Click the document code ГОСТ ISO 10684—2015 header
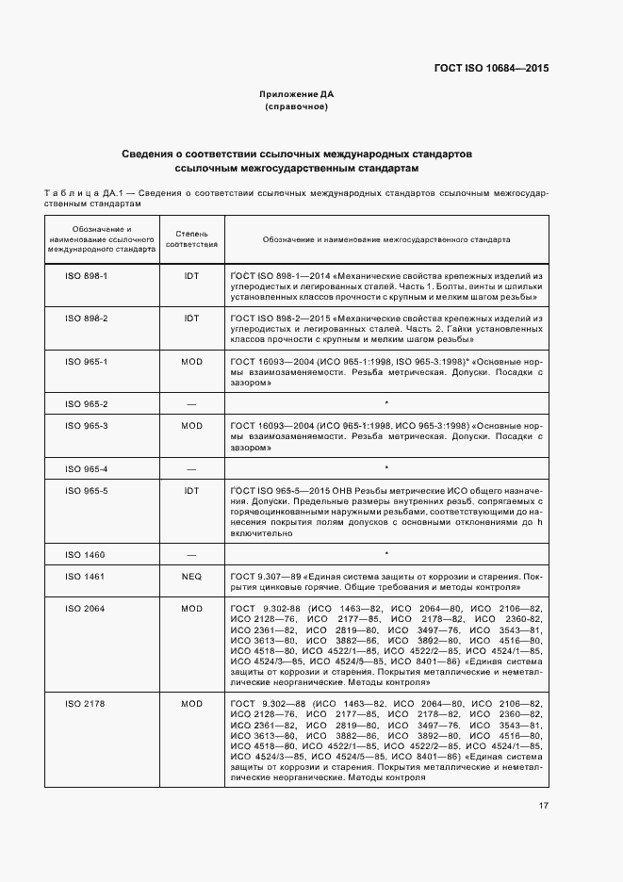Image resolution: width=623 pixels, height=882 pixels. (x=491, y=68)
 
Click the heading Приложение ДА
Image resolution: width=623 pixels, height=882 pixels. (x=296, y=94)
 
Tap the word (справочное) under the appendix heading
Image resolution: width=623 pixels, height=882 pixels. (x=296, y=106)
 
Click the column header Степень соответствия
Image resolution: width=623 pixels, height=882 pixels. (x=191, y=238)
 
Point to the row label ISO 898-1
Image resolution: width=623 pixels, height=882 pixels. (x=87, y=275)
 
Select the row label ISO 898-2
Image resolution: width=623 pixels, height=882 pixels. (x=87, y=318)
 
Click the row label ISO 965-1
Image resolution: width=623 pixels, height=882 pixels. (x=87, y=361)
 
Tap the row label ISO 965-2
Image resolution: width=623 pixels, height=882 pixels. (x=87, y=404)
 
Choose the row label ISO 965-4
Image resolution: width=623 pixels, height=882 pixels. (x=87, y=468)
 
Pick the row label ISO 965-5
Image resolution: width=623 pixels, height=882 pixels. (x=87, y=490)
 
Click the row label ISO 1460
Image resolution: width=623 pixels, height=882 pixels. (x=87, y=554)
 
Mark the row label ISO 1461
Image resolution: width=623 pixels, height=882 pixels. (x=87, y=575)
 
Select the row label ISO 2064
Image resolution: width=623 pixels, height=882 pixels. (x=87, y=608)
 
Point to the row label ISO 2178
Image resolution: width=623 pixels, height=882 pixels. (x=87, y=704)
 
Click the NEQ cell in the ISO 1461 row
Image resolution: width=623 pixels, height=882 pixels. (x=191, y=575)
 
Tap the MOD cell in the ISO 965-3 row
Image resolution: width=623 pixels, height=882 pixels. (x=191, y=426)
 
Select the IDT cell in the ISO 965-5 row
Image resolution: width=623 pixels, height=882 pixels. (x=191, y=490)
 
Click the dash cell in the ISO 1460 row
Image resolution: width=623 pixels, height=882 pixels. (x=191, y=554)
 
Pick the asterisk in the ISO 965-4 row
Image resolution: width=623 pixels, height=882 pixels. (x=386, y=468)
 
